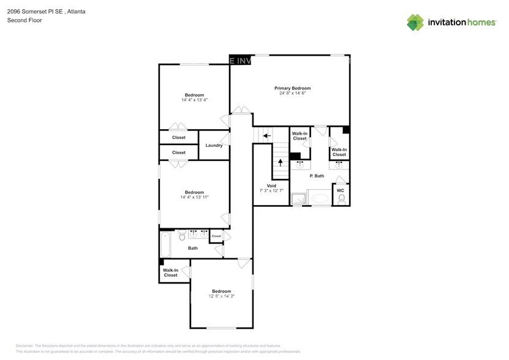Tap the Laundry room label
pos(214,145)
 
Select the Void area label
pos(271,186)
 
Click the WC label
pos(341,190)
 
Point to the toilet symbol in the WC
pos(341,199)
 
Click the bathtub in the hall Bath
pos(165,244)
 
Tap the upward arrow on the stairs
pos(281,163)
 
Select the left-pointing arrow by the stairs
pos(266,135)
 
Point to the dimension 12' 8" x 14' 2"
pos(221,296)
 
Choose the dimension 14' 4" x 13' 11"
pos(194,197)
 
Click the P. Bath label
pos(317,176)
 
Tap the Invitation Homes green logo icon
pos(416,22)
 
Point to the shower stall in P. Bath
pos(299,198)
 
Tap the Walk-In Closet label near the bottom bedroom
pos(170,272)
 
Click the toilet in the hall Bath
pos(181,234)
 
